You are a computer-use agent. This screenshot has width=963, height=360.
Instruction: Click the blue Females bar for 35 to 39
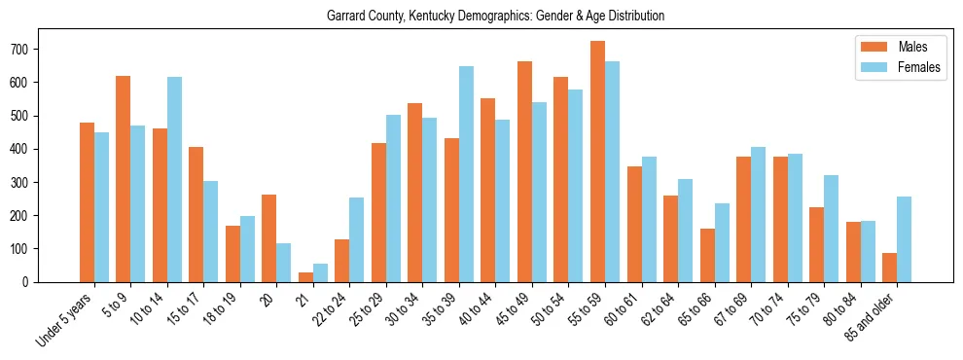467,174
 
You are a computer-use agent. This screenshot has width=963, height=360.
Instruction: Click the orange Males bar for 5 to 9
124,179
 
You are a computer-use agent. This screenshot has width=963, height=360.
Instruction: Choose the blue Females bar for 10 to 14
175,180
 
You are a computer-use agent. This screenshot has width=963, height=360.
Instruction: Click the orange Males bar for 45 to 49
524,172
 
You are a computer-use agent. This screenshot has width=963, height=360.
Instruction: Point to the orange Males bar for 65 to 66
707,255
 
